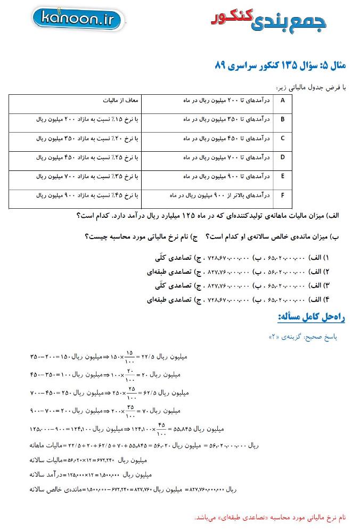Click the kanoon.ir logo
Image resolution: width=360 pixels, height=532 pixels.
[78, 20]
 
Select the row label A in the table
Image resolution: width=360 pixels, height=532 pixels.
[282, 100]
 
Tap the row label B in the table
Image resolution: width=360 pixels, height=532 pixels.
[282, 119]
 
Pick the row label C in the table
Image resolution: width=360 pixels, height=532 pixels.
[282, 138]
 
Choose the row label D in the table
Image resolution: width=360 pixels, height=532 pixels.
[282, 157]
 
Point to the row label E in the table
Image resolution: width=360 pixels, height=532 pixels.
[282, 176]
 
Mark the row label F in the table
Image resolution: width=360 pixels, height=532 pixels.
[282, 195]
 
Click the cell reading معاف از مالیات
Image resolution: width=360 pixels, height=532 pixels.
[121, 100]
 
